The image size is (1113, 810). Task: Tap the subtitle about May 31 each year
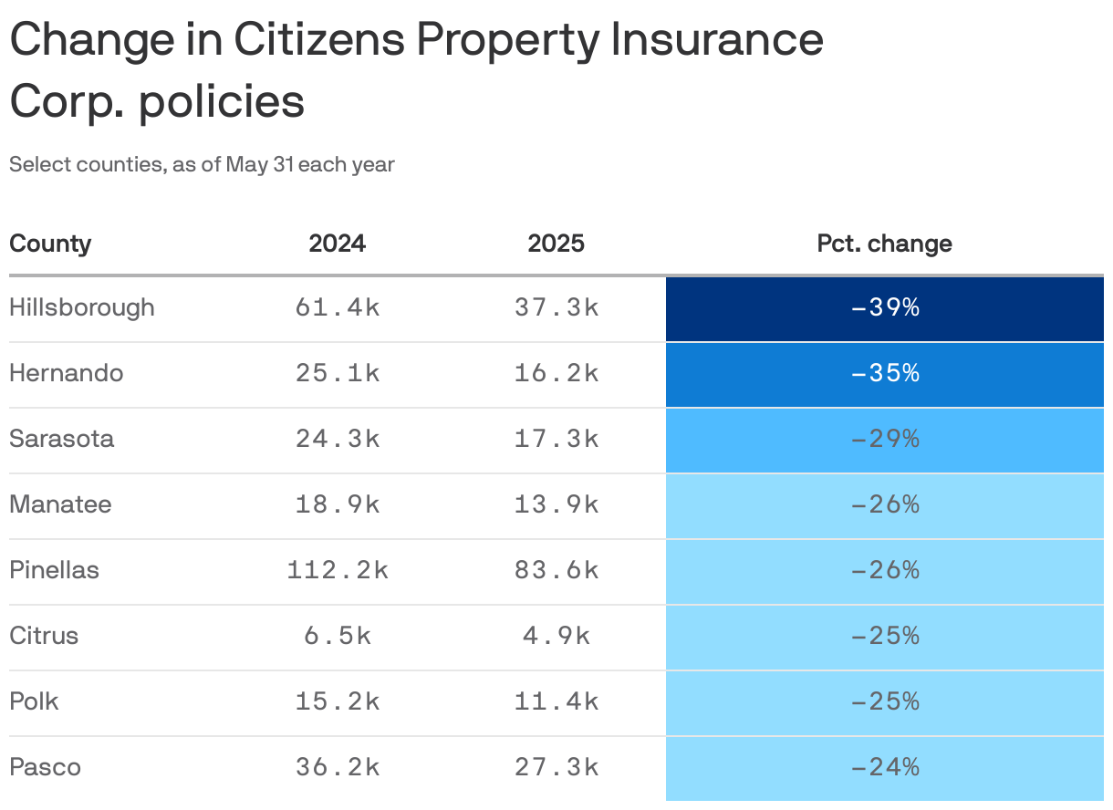click(x=202, y=165)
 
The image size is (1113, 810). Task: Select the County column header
click(x=50, y=244)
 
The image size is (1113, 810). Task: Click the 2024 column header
click(x=337, y=244)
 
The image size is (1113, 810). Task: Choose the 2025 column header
click(x=556, y=244)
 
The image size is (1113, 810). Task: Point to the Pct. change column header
click(x=884, y=244)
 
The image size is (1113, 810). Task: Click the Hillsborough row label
click(x=82, y=307)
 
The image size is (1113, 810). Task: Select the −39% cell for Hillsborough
click(x=884, y=308)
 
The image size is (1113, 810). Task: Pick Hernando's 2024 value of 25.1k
click(x=337, y=374)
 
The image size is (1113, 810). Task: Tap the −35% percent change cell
click(x=884, y=374)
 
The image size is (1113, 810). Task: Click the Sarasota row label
click(x=62, y=439)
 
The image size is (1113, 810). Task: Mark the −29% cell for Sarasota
click(x=884, y=440)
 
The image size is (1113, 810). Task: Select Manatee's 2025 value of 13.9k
click(x=556, y=505)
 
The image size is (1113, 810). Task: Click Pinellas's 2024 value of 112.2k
click(x=337, y=571)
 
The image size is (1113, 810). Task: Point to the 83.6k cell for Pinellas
click(x=556, y=571)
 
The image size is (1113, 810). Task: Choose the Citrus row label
click(x=44, y=636)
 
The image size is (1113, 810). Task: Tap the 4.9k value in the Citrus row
click(x=556, y=637)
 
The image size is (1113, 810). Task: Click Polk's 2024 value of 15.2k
click(x=337, y=702)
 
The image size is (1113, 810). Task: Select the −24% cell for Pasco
click(x=884, y=768)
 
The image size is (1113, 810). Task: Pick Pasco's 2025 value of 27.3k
click(x=556, y=768)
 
